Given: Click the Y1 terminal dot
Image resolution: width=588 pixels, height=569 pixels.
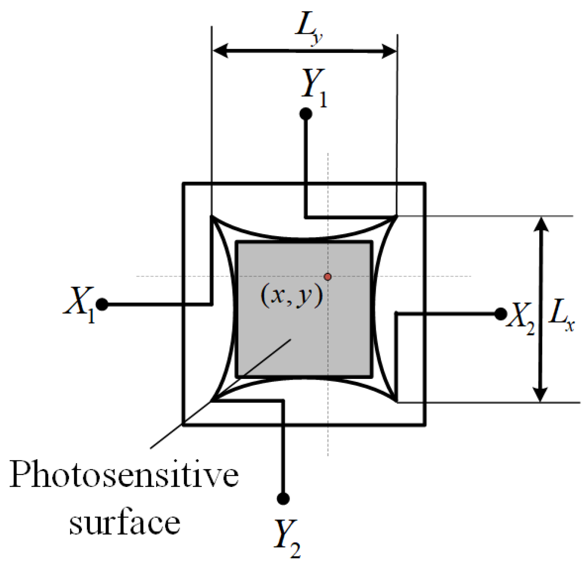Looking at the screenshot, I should coord(306,114).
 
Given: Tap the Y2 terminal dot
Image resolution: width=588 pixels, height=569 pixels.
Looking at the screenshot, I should coord(283,498).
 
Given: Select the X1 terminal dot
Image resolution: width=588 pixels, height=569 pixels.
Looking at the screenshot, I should coord(102,305).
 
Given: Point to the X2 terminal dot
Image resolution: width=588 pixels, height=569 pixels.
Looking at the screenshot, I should coord(500,314).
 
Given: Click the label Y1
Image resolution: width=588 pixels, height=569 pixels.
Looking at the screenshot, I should coord(314,88).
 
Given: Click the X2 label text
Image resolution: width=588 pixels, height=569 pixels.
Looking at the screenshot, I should coord(521,318).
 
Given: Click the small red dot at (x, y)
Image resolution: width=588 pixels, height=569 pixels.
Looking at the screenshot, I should coord(328,277).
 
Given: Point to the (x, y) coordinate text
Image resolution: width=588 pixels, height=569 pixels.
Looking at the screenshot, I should coord(291,296).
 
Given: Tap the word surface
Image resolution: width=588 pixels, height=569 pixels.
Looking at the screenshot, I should coord(125,523).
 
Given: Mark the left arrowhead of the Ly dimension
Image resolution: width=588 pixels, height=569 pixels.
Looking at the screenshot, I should coord(220,51).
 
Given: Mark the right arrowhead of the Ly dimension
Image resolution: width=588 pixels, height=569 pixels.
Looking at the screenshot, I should coord(389,52).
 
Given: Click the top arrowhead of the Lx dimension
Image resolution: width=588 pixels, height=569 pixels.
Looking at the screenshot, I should coord(541,225).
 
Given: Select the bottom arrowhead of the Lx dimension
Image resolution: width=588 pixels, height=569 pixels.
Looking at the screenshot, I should coord(541,394).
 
